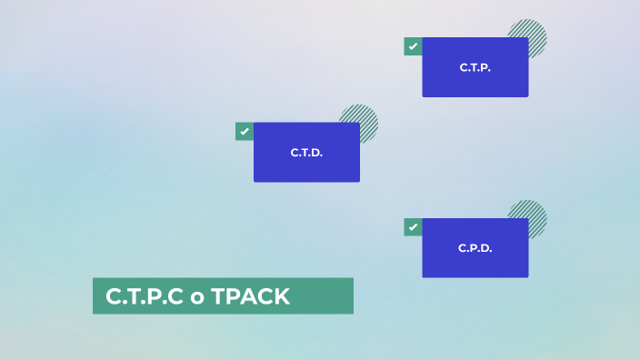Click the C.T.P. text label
(475, 67)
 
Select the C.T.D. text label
(306, 153)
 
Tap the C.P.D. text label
(475, 248)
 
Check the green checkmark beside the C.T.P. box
(413, 46)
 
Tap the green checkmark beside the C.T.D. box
(244, 132)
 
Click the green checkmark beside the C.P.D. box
(413, 227)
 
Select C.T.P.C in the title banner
(144, 296)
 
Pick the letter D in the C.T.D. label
(316, 153)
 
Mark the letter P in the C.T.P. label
(485, 67)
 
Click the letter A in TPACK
(245, 296)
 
